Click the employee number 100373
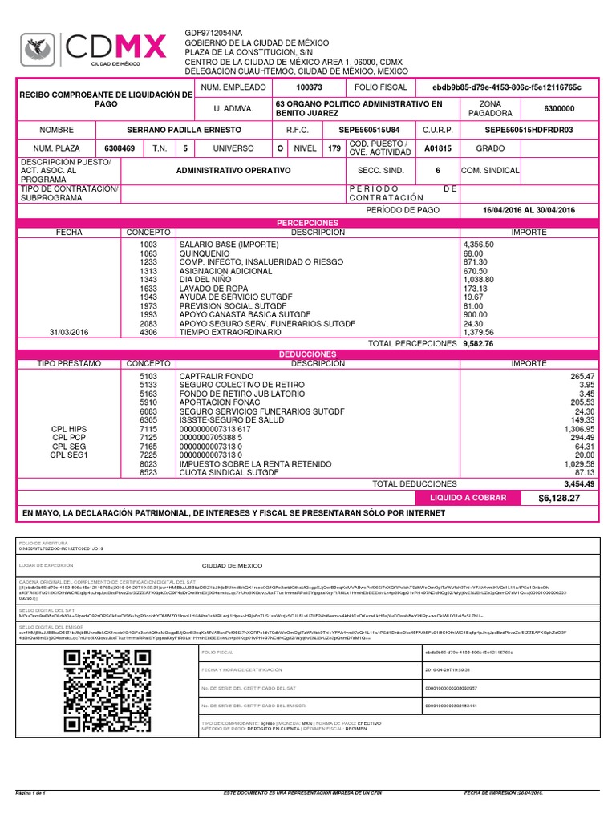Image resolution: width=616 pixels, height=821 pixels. click(308, 87)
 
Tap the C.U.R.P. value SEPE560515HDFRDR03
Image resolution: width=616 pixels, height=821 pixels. click(529, 129)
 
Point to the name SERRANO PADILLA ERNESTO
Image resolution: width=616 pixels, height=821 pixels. click(184, 129)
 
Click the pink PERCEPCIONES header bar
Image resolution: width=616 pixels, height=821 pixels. click(308, 221)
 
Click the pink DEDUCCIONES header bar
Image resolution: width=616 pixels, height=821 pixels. click(308, 354)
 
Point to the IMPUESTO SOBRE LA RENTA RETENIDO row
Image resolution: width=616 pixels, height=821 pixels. click(256, 464)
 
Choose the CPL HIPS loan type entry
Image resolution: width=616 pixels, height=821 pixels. click(68, 429)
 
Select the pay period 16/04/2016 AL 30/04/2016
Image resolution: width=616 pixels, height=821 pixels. click(529, 210)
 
